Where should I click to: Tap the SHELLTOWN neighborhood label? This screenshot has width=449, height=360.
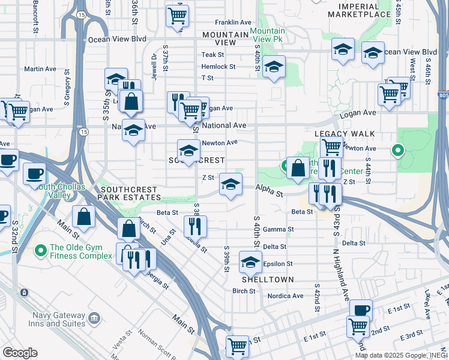268,280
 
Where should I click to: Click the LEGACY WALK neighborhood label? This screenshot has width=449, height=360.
345,133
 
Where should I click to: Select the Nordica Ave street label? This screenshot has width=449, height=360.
285,296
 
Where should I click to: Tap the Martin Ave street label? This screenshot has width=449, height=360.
40,69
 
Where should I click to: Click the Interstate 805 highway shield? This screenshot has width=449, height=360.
443,95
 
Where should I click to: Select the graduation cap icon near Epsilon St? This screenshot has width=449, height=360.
250,262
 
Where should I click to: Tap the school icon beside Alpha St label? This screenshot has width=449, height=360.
231,184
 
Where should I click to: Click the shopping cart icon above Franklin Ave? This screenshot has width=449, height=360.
176,16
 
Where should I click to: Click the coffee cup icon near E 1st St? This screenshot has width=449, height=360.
361,310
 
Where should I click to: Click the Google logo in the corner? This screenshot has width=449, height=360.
20,353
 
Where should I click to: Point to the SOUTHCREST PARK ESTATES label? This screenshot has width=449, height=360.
127,193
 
